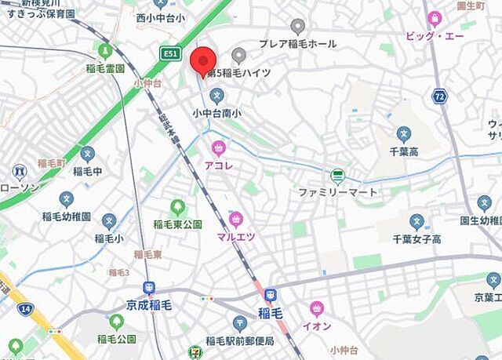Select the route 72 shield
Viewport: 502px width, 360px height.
point(438,96)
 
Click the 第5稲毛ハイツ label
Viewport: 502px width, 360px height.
point(239,72)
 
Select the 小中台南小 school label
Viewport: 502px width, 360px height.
point(217,113)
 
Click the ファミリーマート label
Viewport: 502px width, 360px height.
point(337,191)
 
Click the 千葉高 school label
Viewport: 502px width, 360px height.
point(403,149)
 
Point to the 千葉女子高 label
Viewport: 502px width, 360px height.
point(417,238)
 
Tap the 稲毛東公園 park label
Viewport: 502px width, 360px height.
point(177,224)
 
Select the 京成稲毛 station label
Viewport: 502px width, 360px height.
point(149,305)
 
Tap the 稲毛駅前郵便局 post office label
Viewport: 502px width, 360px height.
point(240,340)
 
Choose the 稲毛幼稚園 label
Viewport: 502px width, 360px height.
point(66,216)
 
